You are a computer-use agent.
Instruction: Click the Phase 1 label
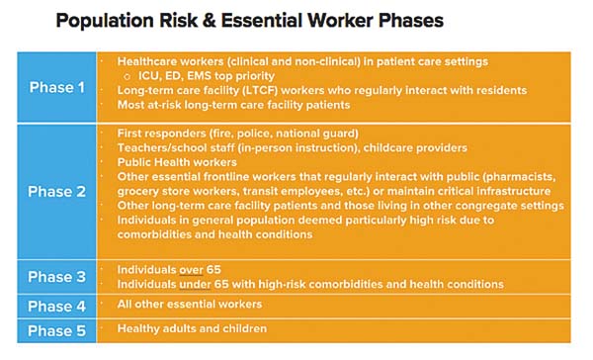pos(56,87)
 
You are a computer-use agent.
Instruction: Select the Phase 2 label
pos(56,191)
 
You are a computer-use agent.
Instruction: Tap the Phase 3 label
pos(56,277)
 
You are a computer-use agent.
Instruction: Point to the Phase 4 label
pos(56,307)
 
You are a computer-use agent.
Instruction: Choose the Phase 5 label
pos(56,331)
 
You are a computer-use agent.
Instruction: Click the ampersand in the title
pos(210,21)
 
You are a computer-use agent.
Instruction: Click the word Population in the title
pos(105,21)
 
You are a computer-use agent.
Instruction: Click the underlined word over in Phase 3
pos(191,270)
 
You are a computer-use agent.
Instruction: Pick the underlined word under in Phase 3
pos(195,284)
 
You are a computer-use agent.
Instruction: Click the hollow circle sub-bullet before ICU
pos(127,77)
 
